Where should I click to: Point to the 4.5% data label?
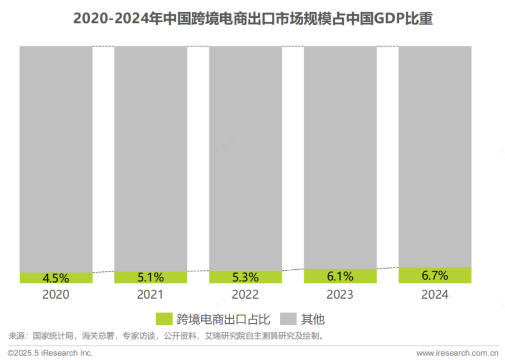coord(56,278)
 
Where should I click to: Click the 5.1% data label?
coord(150,277)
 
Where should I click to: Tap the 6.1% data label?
coord(340,276)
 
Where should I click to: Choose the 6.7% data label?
coord(435,275)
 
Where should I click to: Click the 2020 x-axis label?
coord(56,295)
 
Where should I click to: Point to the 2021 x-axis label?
coord(150,295)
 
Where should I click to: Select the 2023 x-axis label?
coord(340,295)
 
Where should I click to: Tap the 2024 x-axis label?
coord(435,295)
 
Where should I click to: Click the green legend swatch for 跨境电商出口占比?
coord(164,319)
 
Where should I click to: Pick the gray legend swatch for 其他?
coord(288,319)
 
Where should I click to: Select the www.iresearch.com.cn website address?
coord(457,353)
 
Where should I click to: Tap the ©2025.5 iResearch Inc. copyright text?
coord(50,353)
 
